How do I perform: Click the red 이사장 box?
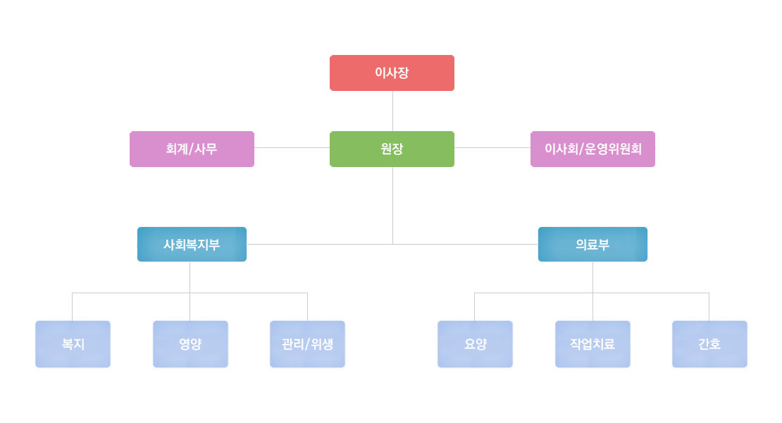click(392, 73)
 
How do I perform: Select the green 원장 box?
click(392, 149)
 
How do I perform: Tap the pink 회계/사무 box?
click(192, 149)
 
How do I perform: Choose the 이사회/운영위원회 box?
click(592, 149)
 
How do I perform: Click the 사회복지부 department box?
click(192, 244)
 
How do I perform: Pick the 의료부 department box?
click(592, 244)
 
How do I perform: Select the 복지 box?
click(73, 344)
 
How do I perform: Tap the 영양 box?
click(190, 344)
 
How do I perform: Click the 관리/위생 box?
click(307, 344)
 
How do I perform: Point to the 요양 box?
click(475, 344)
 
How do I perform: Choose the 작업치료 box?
click(592, 344)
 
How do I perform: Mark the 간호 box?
click(709, 344)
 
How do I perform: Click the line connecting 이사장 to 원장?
click(392, 111)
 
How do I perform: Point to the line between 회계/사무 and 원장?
click(292, 148)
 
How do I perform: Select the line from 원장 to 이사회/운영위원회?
click(492, 148)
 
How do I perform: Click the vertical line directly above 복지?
click(73, 307)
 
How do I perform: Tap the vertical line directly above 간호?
click(709, 307)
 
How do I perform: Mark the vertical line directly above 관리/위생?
click(307, 307)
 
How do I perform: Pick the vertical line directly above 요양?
click(475, 307)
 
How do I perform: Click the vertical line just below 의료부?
click(592, 276)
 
